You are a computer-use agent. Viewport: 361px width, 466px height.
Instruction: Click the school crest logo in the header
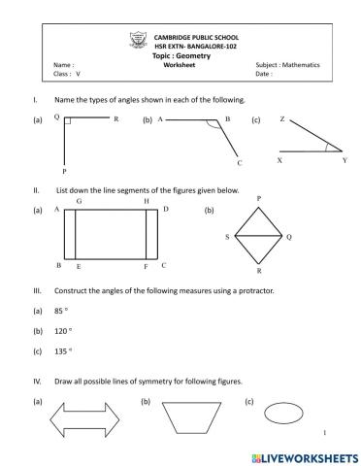coord(135,40)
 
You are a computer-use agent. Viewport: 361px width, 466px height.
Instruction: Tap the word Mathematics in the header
coord(297,65)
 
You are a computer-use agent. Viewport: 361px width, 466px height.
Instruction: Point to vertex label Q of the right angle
coord(57,117)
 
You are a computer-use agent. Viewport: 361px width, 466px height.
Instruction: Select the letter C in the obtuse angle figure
coord(239,163)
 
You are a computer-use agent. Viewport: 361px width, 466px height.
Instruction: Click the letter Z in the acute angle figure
coord(281,118)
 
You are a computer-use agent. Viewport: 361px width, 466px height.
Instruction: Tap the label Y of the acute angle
coord(344,160)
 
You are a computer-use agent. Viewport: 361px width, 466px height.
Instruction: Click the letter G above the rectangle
coord(78,201)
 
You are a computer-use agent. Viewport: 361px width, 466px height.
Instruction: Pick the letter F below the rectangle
coord(146,265)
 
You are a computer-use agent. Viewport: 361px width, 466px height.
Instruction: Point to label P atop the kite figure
coord(258,198)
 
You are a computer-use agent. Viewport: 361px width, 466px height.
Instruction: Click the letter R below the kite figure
coord(258,272)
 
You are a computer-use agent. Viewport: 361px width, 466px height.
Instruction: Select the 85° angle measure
coord(60,312)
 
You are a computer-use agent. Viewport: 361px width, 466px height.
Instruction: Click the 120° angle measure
coord(62,332)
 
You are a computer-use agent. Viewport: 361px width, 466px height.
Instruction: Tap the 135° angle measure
coord(62,352)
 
